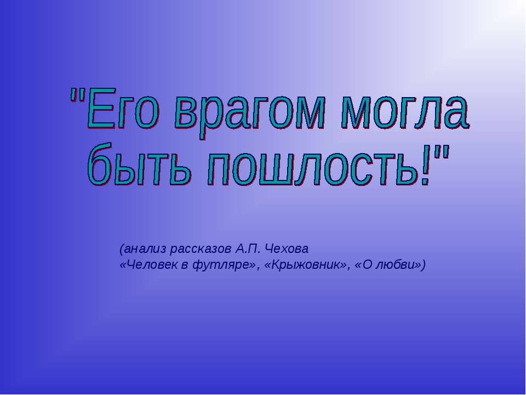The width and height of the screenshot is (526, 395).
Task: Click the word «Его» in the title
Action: pyautogui.click(x=122, y=109)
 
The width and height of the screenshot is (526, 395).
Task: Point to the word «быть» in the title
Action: pyautogui.click(x=140, y=164)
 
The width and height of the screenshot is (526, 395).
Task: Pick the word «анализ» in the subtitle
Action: pyautogui.click(x=145, y=249)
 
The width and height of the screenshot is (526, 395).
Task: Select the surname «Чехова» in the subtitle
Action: pyautogui.click(x=287, y=249)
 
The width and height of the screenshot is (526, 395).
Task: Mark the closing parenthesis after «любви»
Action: pyautogui.click(x=423, y=266)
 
